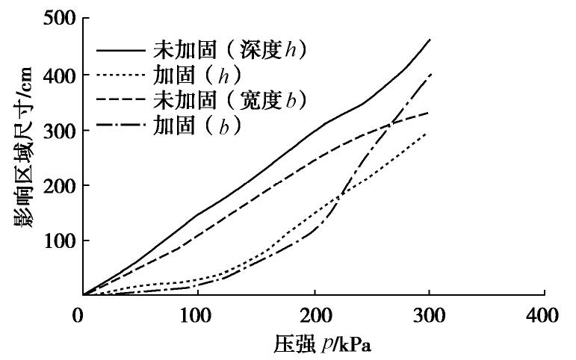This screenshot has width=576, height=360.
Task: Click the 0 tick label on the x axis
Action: [x=83, y=315]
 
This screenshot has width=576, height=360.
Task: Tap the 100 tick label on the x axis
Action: [x=197, y=315]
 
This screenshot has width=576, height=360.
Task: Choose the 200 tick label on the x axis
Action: [x=313, y=315]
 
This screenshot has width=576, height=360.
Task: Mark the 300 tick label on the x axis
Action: [x=429, y=315]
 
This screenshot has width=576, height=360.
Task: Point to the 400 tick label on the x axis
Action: [x=544, y=315]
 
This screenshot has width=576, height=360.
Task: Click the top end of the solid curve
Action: [x=430, y=39]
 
